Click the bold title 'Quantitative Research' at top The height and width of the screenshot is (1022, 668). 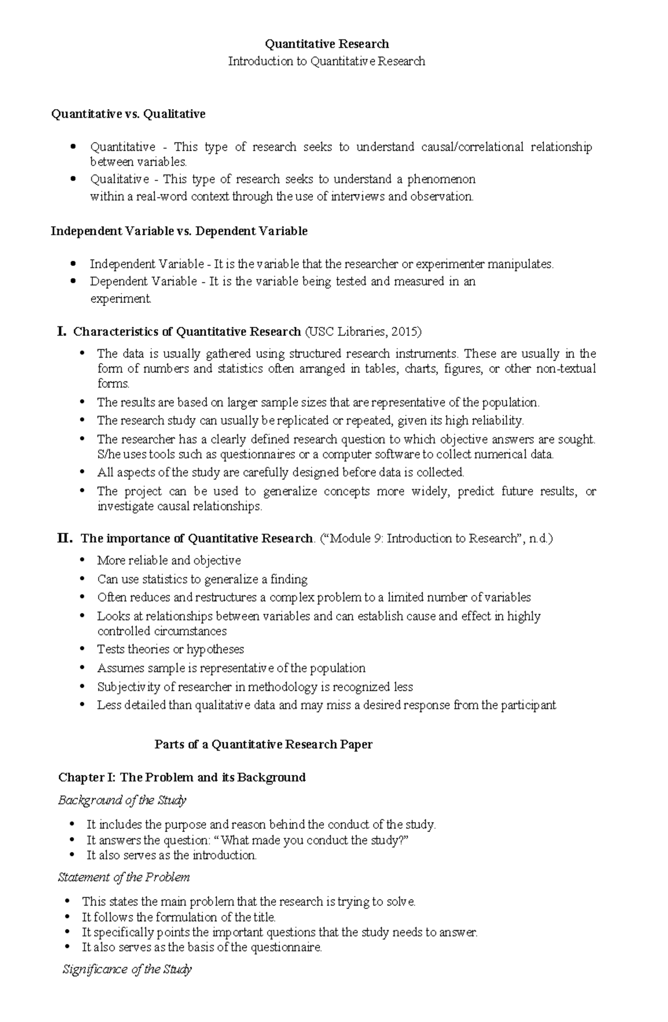click(327, 44)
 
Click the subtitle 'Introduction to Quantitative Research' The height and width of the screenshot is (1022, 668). click(327, 61)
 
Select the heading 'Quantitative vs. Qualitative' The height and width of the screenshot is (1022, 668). click(128, 114)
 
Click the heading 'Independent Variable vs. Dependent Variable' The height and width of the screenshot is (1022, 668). click(179, 231)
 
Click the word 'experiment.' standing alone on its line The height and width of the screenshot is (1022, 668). click(120, 299)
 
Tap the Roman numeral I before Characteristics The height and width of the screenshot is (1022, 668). click(61, 332)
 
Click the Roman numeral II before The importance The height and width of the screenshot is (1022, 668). click(65, 539)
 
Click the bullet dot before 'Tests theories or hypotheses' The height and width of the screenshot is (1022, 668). click(82, 649)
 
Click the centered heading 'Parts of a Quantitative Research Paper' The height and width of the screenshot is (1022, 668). click(263, 745)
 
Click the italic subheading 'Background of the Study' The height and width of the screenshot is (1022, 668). click(122, 800)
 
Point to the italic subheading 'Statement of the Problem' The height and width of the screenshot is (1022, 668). click(124, 877)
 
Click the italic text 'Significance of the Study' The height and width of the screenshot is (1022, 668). click(127, 970)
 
